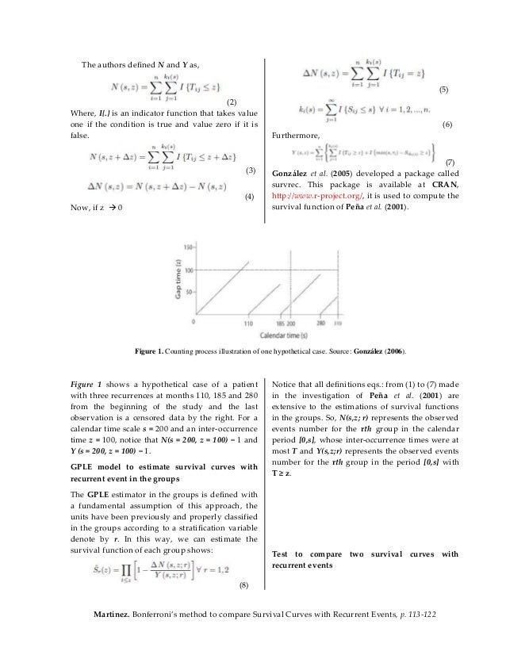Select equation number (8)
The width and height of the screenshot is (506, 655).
243,586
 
